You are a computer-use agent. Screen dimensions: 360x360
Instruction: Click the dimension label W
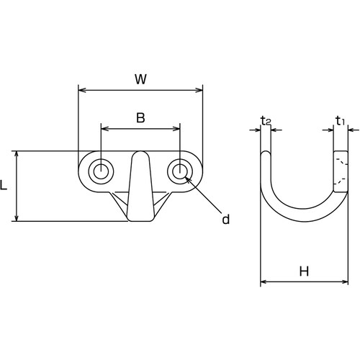[x=140, y=79]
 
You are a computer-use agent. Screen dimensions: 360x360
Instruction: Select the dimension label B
[x=140, y=118]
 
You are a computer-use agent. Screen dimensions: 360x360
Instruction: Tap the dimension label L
[x=4, y=185]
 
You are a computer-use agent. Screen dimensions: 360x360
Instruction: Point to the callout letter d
[x=226, y=219]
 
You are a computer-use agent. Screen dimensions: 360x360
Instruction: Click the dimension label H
[x=304, y=271]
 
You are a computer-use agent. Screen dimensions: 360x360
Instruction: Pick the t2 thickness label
[x=266, y=121]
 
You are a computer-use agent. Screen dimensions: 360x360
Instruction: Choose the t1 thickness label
[x=340, y=121]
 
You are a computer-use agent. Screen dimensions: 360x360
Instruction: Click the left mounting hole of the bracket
[x=101, y=171]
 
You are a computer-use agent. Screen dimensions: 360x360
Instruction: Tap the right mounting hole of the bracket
[x=180, y=171]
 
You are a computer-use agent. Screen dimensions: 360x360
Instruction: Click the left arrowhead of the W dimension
[x=82, y=90]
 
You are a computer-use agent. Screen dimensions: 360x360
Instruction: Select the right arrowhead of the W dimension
[x=199, y=90]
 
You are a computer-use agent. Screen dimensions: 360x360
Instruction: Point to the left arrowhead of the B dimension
[x=105, y=129]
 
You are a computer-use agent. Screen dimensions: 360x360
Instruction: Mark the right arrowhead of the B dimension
[x=176, y=129]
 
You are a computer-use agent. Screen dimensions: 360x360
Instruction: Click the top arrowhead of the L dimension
[x=17, y=155]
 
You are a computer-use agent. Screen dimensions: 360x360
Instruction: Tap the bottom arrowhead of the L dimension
[x=17, y=217]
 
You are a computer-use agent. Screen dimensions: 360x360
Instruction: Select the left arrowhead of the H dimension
[x=264, y=282]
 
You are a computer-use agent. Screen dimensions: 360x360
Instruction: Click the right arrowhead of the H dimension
[x=344, y=282]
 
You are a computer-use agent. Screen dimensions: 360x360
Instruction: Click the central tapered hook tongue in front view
[x=140, y=186]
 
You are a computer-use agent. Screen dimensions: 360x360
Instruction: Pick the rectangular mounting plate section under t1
[x=341, y=171]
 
